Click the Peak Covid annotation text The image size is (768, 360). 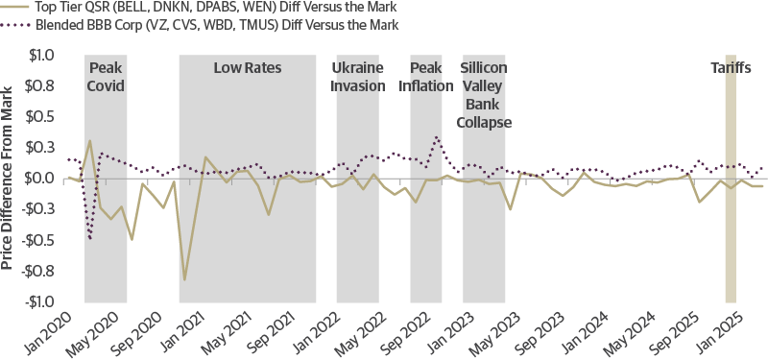coord(106,77)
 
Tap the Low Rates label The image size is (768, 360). coord(247,68)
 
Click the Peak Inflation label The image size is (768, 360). coord(432,77)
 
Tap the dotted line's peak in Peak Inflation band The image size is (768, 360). coord(437,137)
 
